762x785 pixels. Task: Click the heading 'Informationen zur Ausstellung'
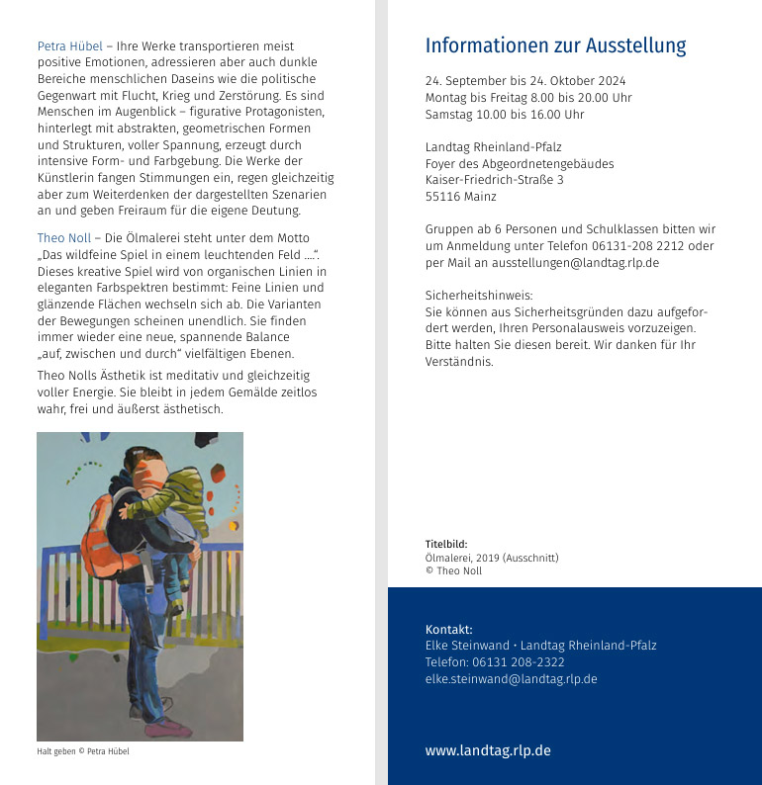555,46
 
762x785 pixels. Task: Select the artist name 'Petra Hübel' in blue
69,46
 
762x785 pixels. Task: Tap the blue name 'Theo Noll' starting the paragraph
64,238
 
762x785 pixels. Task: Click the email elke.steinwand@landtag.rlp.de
511,679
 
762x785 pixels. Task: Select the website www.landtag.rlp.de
488,750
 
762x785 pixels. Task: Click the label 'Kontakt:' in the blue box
448,629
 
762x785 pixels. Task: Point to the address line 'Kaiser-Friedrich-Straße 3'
494,180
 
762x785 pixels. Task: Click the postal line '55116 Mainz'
460,197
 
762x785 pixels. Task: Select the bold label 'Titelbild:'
445,544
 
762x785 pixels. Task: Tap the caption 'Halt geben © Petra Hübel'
83,751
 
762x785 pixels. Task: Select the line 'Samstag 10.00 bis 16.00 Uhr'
504,115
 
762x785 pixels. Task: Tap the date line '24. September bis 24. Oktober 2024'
524,81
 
